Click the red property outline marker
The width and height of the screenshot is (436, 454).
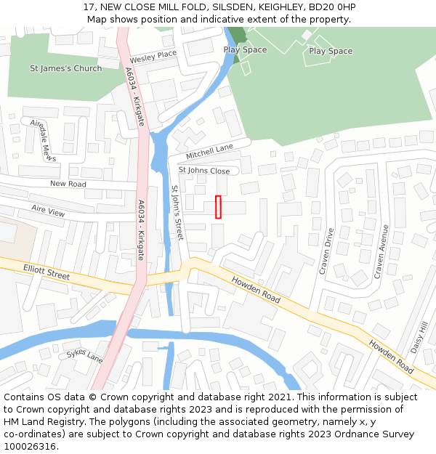[218, 206]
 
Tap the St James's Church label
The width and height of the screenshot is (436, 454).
[65, 68]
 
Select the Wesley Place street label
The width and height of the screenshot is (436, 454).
[153, 56]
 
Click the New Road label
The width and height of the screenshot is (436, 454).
[68, 184]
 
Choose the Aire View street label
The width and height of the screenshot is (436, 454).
[48, 211]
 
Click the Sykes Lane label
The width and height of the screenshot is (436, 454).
[84, 355]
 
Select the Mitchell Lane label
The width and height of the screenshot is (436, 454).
[209, 152]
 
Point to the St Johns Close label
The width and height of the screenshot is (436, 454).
[204, 171]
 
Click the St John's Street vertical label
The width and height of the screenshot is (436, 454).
[177, 213]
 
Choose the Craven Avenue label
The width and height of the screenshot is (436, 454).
[380, 251]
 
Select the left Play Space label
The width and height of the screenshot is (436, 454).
[245, 50]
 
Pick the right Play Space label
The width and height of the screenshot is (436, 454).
[331, 51]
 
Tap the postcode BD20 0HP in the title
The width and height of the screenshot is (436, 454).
[331, 7]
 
